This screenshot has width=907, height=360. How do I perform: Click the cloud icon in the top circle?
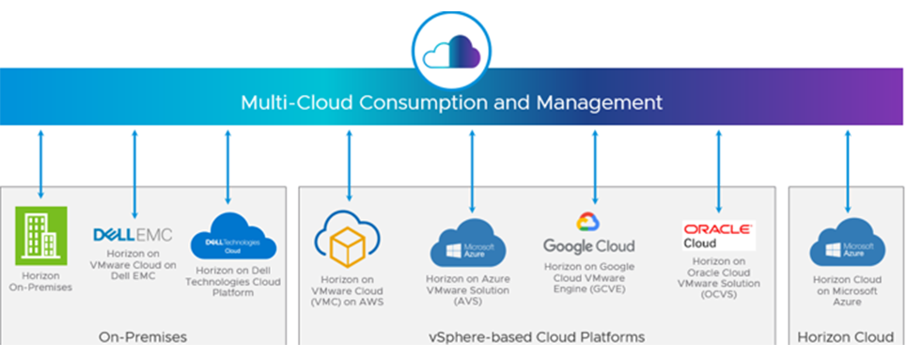click(452, 49)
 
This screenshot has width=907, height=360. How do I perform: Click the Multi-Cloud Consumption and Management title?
click(452, 102)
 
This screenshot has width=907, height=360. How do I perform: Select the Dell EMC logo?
click(133, 234)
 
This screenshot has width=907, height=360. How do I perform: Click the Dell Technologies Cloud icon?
click(227, 238)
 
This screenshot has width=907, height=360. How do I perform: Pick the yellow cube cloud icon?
click(348, 242)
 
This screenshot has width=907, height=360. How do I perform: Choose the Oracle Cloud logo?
click(718, 234)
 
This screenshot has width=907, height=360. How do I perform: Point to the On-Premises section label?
click(143, 337)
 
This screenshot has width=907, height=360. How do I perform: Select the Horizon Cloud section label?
click(845, 337)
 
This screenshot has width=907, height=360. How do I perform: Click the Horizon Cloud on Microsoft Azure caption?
click(849, 292)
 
